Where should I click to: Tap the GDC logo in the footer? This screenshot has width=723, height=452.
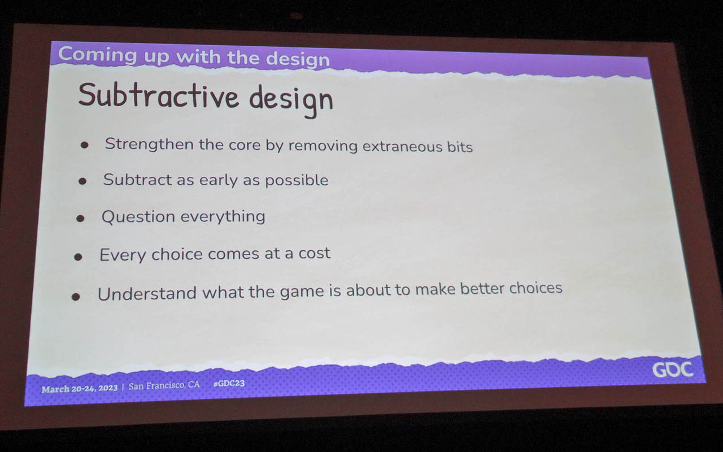click(x=673, y=370)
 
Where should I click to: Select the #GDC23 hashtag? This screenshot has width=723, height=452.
click(x=229, y=383)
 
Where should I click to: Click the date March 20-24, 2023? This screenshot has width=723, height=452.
click(x=80, y=388)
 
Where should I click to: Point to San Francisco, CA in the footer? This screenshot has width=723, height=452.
click(x=164, y=385)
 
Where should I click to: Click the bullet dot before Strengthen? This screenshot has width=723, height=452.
click(x=85, y=145)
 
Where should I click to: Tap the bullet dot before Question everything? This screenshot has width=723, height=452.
click(x=80, y=219)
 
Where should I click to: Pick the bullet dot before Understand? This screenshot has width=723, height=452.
click(x=76, y=297)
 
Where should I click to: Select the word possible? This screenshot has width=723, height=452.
click(x=297, y=180)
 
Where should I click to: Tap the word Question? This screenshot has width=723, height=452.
click(x=138, y=216)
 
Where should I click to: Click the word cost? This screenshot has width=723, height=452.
click(x=315, y=253)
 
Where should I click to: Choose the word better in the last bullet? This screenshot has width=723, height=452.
click(x=482, y=288)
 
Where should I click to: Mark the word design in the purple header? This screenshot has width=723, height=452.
click(x=298, y=59)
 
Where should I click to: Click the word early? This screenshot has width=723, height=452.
click(x=219, y=180)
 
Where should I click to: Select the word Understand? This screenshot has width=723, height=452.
click(x=147, y=293)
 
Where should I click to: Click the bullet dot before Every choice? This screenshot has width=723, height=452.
click(x=78, y=257)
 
